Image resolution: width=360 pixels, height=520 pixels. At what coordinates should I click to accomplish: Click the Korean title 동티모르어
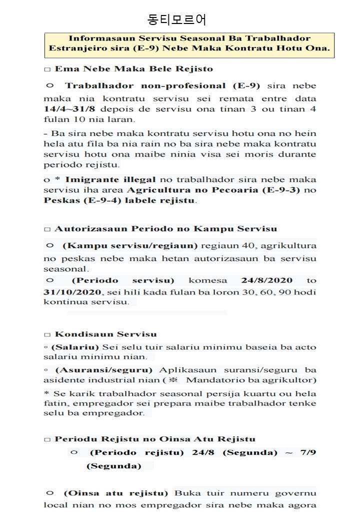(177, 19)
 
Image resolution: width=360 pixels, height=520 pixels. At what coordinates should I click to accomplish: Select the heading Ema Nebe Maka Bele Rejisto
(133, 69)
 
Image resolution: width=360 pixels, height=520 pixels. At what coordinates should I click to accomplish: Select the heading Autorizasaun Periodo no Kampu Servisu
(165, 229)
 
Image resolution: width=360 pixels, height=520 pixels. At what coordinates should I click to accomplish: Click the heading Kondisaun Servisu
(105, 334)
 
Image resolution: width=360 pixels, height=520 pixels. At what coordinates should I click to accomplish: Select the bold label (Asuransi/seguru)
(103, 370)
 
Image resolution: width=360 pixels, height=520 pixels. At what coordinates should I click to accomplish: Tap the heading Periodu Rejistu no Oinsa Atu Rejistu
(155, 439)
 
